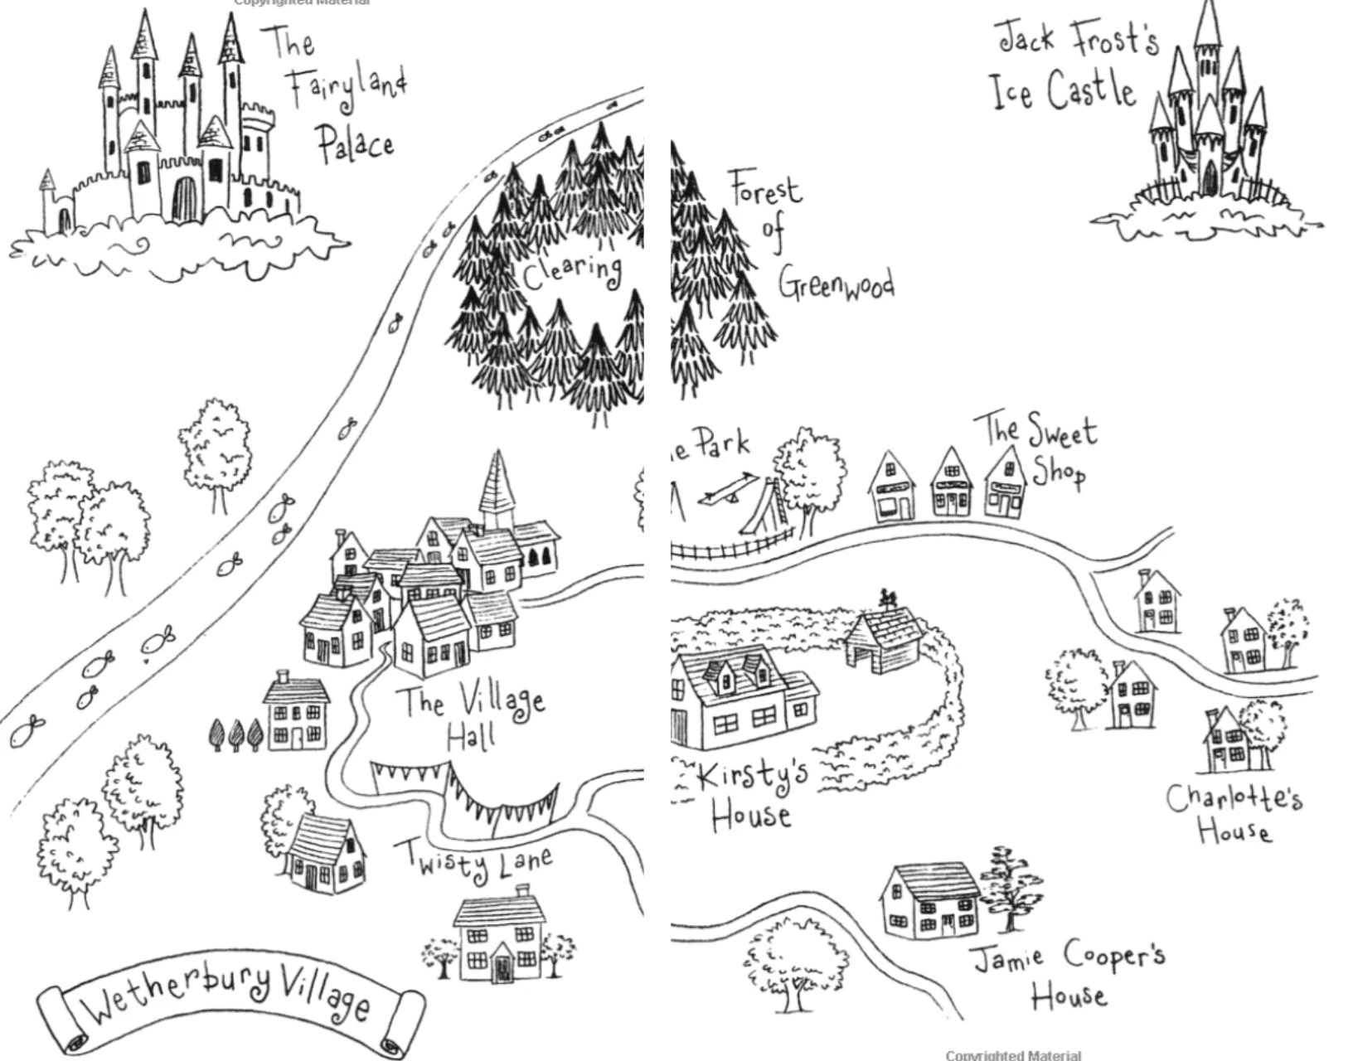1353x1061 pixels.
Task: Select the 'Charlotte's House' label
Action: pyautogui.click(x=1234, y=812)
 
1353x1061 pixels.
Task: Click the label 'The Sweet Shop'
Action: pyautogui.click(x=1040, y=448)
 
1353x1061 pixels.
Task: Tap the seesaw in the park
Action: pyautogui.click(x=725, y=489)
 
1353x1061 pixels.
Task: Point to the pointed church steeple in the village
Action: pyautogui.click(x=497, y=485)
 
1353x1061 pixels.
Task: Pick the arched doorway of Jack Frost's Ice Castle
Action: pyautogui.click(x=1210, y=178)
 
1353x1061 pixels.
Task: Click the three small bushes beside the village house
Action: pyautogui.click(x=235, y=734)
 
